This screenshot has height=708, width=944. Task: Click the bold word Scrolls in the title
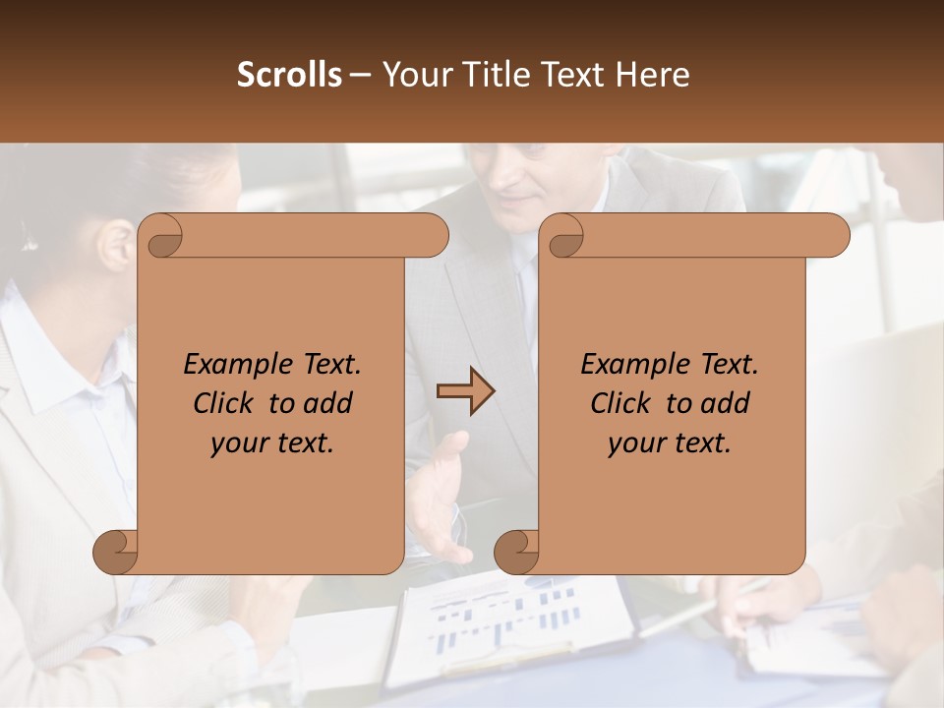(289, 75)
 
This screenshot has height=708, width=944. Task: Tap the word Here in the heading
(653, 75)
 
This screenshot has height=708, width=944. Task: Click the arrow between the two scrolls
(465, 391)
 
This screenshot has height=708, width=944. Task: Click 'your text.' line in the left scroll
(272, 443)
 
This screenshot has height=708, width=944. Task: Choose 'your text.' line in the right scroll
(670, 443)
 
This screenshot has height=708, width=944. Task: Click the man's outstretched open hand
(438, 492)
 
